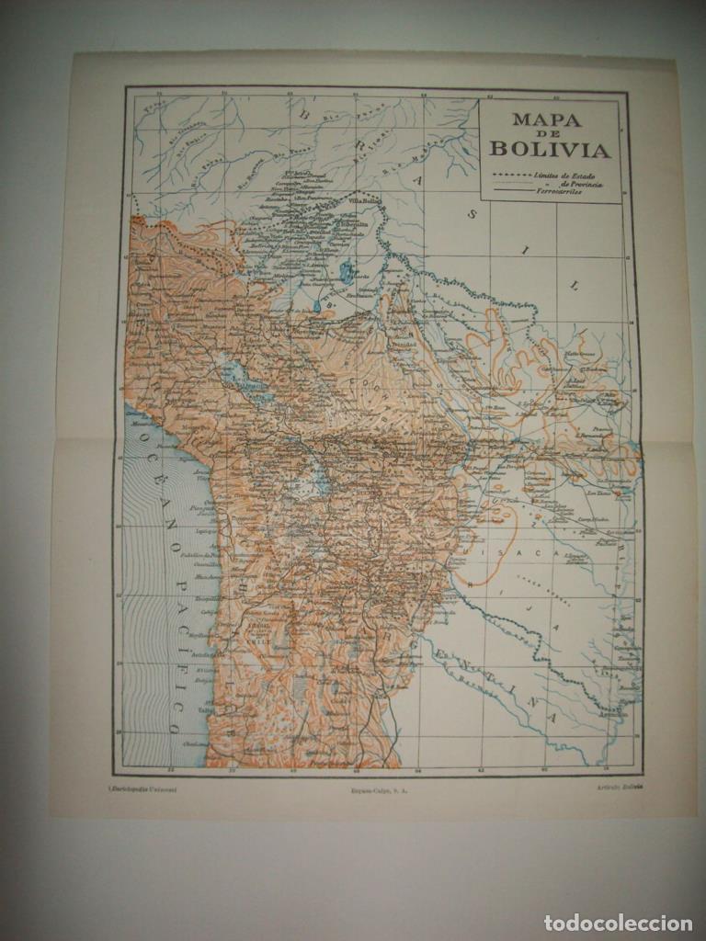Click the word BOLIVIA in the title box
[x=550, y=149]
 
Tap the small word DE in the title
[x=550, y=134]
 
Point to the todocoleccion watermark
[x=620, y=923]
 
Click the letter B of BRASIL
[x=304, y=117]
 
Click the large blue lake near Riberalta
[x=347, y=271]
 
